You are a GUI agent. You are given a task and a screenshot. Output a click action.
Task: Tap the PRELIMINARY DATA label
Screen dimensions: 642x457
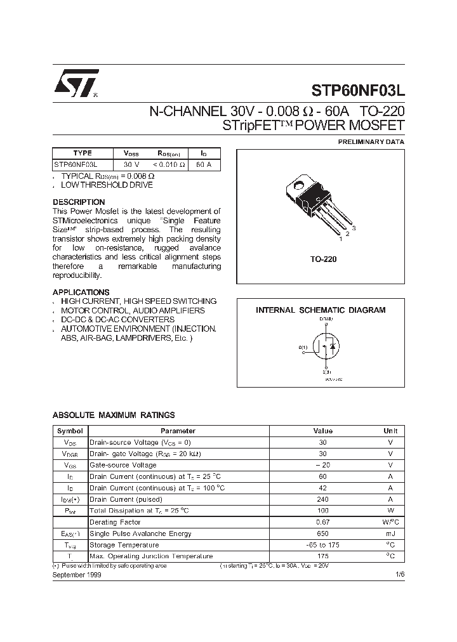point(371,142)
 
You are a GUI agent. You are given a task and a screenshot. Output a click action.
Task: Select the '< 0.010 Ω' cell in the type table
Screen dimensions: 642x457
point(168,164)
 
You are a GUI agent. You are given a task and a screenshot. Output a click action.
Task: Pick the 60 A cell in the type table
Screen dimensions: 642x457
point(204,164)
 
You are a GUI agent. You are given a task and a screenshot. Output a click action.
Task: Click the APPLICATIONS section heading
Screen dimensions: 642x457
point(81,292)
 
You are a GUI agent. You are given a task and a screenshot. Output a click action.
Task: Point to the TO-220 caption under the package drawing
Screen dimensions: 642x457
point(323,259)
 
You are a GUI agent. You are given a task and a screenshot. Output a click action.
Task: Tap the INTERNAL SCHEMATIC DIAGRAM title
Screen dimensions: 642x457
point(321,310)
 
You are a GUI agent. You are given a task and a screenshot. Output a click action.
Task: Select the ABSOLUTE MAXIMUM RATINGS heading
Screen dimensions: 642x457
point(114,416)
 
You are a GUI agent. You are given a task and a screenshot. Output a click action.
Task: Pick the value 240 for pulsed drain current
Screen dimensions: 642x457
point(322,499)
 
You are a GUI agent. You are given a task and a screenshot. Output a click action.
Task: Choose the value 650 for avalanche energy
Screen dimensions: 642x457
point(322,534)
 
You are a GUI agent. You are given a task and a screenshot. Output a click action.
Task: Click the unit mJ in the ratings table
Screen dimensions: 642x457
point(390,534)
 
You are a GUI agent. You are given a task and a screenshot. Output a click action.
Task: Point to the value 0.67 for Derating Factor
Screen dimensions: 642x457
point(322,522)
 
